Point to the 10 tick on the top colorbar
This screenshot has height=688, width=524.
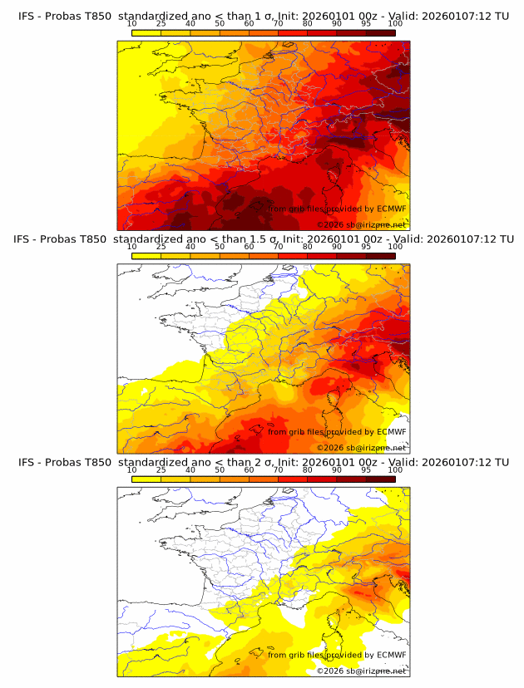[x=132, y=23]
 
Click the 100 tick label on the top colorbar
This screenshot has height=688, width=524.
[x=395, y=23]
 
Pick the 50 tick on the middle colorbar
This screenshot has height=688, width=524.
[x=220, y=247]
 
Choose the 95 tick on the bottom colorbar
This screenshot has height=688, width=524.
[x=366, y=469]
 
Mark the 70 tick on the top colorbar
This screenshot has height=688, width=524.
[x=279, y=23]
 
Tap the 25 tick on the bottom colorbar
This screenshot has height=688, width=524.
[x=161, y=469]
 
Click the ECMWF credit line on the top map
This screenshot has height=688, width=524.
[x=337, y=209]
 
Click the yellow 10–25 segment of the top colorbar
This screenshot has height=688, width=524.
[x=146, y=32]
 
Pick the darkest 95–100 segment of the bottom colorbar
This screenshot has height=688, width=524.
[x=381, y=479]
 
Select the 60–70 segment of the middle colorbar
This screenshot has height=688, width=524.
[x=264, y=256]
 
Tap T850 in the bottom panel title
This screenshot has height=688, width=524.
[x=96, y=462]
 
